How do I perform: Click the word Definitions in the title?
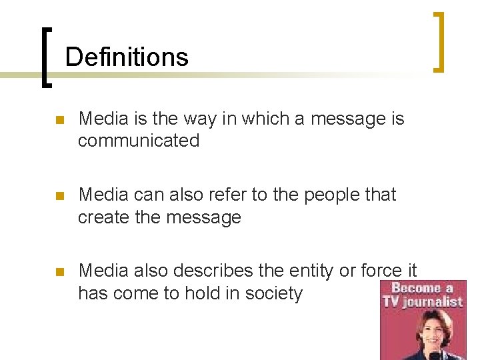pyautogui.click(x=127, y=57)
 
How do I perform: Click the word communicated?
pyautogui.click(x=139, y=141)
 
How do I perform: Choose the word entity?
pyautogui.click(x=311, y=271)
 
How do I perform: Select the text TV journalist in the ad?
pyautogui.click(x=422, y=301)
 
